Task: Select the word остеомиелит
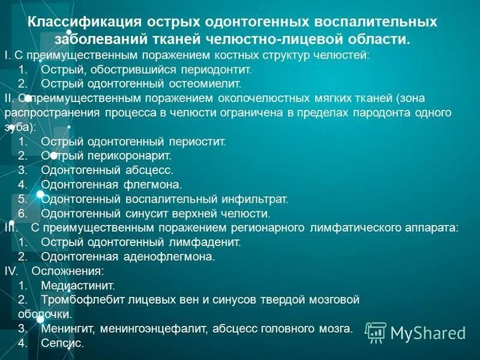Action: click(211, 83)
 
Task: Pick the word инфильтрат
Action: click(256, 199)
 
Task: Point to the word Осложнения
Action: click(63, 271)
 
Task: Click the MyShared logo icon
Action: click(376, 332)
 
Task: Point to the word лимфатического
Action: click(356, 228)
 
